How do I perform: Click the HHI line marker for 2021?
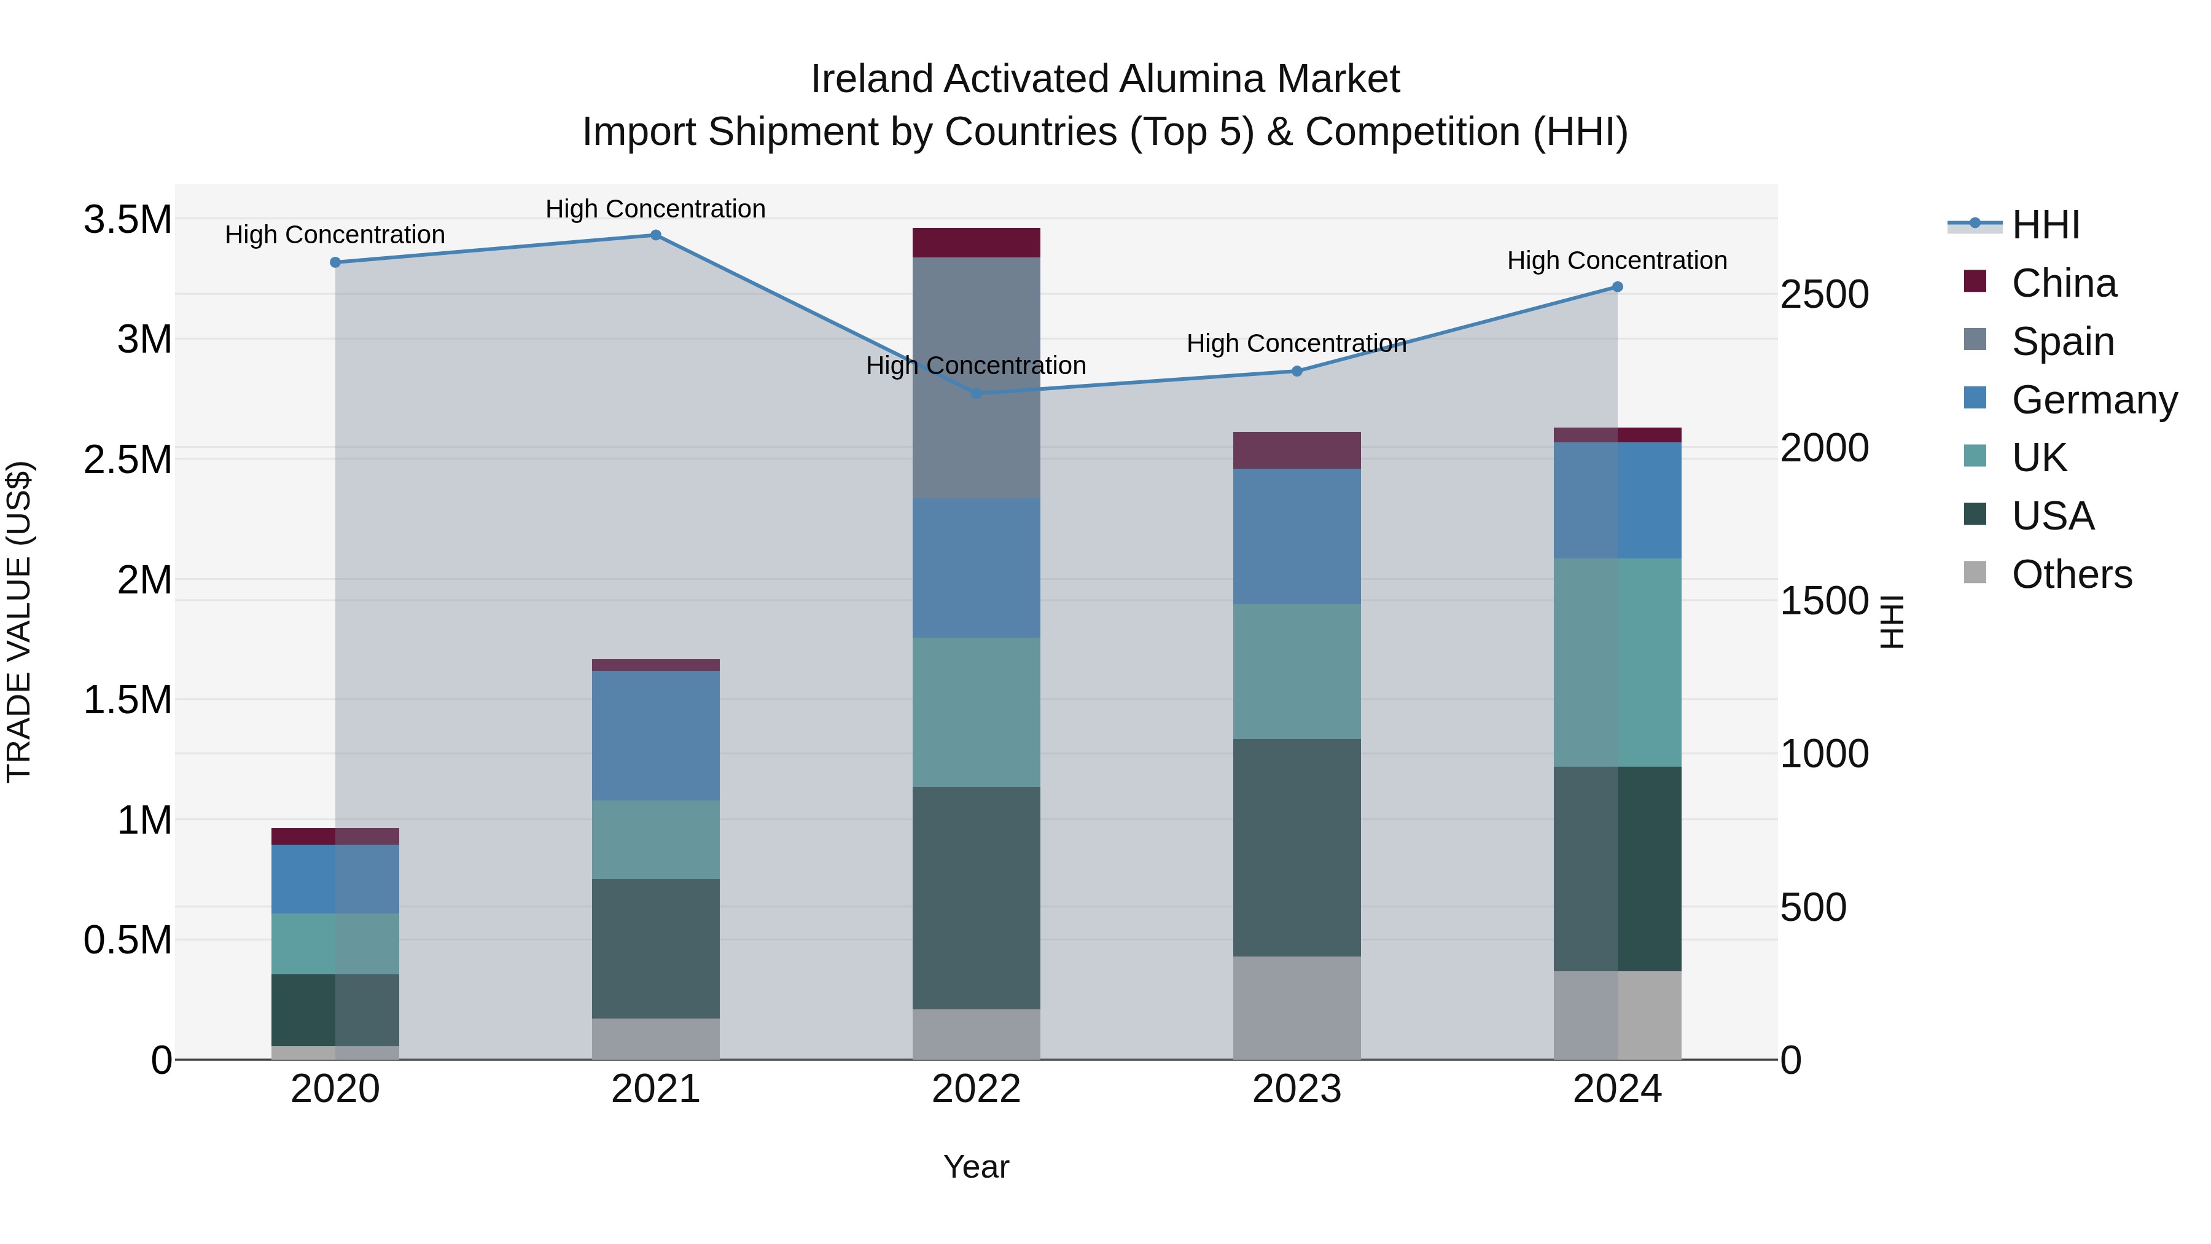[656, 235]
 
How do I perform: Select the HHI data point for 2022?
[976, 394]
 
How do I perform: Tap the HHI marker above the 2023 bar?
[1297, 372]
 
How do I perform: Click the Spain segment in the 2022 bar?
[976, 378]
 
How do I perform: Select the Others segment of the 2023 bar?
[1297, 1008]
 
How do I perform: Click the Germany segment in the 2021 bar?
[656, 736]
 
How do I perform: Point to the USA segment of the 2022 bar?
[976, 898]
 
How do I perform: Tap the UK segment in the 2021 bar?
[656, 840]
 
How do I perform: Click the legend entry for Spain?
[2062, 342]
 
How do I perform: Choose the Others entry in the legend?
[2070, 574]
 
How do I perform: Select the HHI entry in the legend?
[2045, 225]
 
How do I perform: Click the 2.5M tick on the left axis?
[128, 460]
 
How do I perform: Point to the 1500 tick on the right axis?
[1824, 601]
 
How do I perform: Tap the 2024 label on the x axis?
[1617, 1089]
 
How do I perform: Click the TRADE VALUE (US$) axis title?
[19, 622]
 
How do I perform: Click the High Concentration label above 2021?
[656, 209]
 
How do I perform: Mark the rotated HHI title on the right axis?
[1891, 622]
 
